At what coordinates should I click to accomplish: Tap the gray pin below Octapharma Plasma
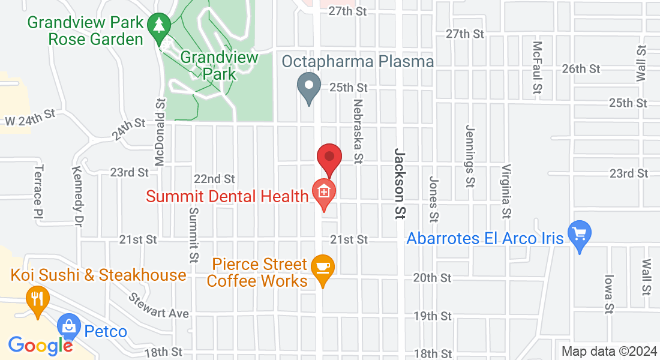(309, 87)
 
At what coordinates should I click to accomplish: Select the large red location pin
(329, 157)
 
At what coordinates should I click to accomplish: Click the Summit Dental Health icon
(324, 192)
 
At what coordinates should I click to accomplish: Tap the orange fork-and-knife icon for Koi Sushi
(37, 298)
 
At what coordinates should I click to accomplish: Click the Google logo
(40, 345)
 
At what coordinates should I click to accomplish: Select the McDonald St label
(160, 137)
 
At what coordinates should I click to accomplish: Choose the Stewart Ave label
(159, 305)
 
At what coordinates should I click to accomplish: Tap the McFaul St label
(537, 68)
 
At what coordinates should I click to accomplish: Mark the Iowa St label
(608, 294)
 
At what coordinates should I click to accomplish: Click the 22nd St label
(214, 179)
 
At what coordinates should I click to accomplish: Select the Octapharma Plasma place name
(358, 62)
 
